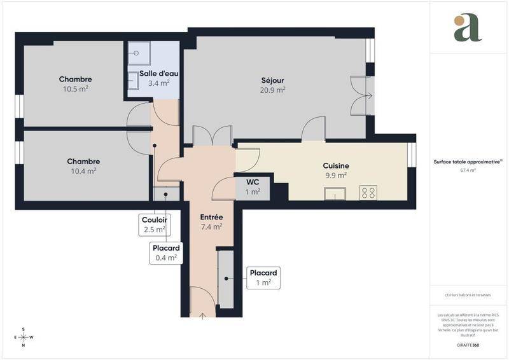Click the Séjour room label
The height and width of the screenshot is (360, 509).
[x=272, y=80]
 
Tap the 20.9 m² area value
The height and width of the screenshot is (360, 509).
[x=272, y=90]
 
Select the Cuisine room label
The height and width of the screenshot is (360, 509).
[x=335, y=165]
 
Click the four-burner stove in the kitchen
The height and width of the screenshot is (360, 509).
[x=368, y=192]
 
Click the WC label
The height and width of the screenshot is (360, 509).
[x=253, y=182]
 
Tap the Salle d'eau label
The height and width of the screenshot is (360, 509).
[x=154, y=73]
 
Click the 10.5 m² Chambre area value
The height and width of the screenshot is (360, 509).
[x=75, y=89]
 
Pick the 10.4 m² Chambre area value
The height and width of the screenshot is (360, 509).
[x=83, y=170]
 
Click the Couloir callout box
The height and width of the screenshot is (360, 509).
[x=155, y=224]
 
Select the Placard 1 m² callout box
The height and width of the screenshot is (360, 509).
[x=263, y=277]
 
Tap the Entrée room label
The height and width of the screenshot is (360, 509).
[x=211, y=217]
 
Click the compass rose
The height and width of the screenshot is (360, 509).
[x=24, y=337]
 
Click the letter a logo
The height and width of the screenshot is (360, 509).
[x=468, y=28]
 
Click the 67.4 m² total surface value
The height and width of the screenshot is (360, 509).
[x=468, y=170]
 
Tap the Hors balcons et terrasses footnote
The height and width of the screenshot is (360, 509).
[x=468, y=294]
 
